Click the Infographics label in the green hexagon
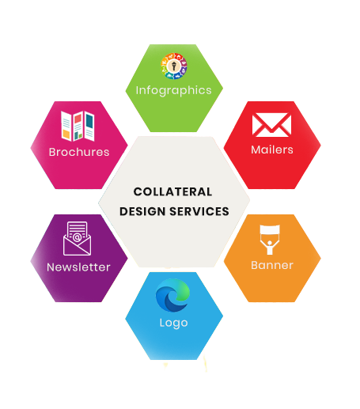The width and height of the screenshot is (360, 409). pos(173,91)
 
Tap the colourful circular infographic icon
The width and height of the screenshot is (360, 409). pos(174,66)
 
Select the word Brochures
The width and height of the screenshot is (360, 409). pos(79,152)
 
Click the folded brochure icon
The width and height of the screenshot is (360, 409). pos(78,126)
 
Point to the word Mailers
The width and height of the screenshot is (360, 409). pos(272,150)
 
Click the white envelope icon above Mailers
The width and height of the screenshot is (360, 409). pos(271,125)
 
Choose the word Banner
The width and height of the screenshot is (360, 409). pos(272,265)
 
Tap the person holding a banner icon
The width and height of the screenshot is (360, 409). pos(270,240)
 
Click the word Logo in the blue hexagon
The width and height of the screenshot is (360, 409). pos(173,323)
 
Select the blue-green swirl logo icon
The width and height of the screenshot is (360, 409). pos(172,295)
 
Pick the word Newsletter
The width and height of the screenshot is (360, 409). pos(78,267)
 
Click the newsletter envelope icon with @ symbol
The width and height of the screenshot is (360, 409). pos(77,238)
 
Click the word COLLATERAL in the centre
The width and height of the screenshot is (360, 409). pos(172,191)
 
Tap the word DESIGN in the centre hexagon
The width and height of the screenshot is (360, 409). pos(142,211)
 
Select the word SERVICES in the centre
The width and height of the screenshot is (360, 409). pos(199,211)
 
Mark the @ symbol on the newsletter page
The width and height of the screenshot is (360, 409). pos(77,237)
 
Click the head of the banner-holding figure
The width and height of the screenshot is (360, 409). pos(270,243)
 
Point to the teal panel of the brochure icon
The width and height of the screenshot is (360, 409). pos(89,122)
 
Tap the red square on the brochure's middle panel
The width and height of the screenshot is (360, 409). pos(78,119)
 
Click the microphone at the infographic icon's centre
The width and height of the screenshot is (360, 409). pos(174,66)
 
